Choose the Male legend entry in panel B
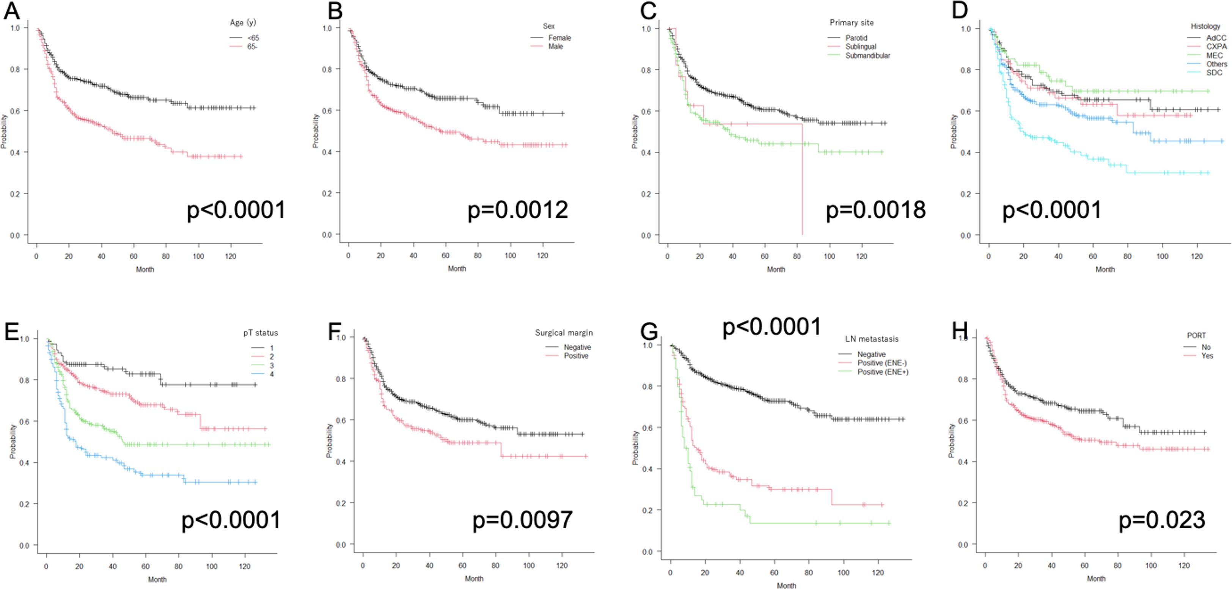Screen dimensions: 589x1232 tap(555, 46)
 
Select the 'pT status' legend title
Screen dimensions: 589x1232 tap(260, 333)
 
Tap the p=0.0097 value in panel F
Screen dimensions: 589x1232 tap(522, 520)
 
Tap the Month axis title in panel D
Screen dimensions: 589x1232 tap(1105, 270)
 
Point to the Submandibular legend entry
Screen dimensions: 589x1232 tap(867, 55)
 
